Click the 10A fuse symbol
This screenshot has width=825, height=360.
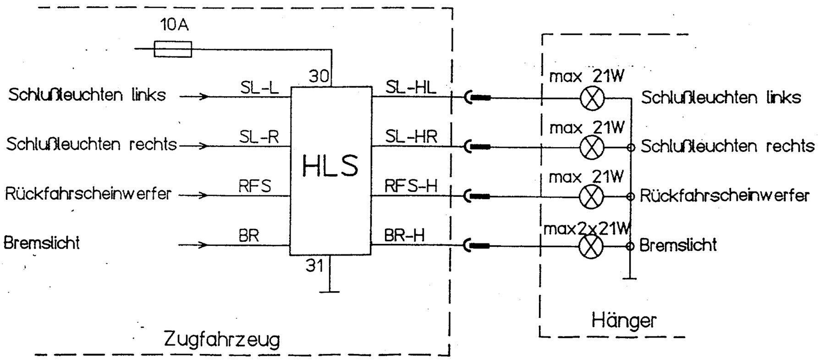click(173, 49)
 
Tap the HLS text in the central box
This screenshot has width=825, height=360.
click(330, 166)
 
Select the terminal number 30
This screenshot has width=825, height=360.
click(319, 76)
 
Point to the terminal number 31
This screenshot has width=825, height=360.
click(314, 266)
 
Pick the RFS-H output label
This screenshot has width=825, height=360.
click(411, 186)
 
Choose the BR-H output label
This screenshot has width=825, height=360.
click(404, 235)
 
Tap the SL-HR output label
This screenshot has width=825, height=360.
click(411, 136)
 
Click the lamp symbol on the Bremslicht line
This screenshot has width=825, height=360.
click(592, 246)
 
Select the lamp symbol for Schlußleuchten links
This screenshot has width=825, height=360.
click(592, 98)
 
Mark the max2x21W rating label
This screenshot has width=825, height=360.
click(587, 228)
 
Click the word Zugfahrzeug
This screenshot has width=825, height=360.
click(221, 340)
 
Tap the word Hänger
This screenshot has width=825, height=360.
click(624, 320)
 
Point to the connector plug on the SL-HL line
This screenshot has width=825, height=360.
click(477, 97)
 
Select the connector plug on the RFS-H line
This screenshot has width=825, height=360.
click(477, 197)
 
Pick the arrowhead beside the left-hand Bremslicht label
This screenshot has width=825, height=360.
click(203, 245)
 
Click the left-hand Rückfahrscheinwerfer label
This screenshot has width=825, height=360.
click(88, 194)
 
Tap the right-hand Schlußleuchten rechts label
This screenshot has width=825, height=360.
click(727, 146)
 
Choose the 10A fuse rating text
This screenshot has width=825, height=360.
click(174, 25)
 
